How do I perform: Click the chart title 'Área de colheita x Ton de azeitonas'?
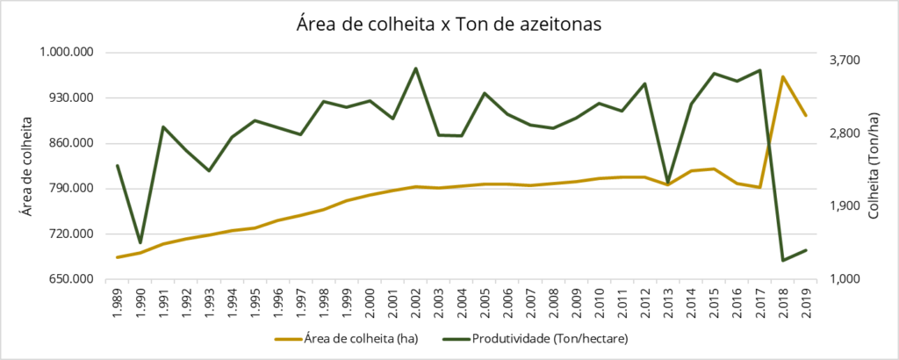[449, 25]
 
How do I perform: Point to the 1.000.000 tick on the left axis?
[68, 53]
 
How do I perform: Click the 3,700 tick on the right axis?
[845, 60]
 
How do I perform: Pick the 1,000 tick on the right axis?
[845, 279]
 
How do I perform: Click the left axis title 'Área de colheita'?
[26, 166]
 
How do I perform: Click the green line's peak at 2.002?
[415, 68]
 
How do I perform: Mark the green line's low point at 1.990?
[140, 242]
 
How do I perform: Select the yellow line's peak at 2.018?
[782, 77]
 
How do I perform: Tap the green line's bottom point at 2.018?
[782, 260]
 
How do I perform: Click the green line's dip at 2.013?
[668, 181]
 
